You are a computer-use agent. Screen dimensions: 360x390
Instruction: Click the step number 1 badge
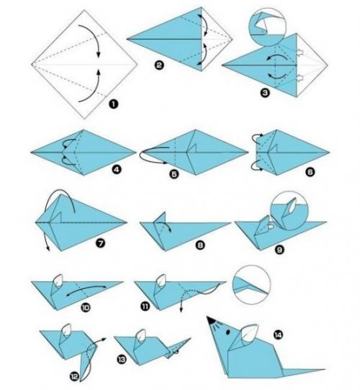(113, 104)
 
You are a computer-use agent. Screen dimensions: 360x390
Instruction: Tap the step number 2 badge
(159, 65)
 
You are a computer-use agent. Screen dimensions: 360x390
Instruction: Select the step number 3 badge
(265, 93)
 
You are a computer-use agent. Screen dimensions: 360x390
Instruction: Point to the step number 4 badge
(116, 170)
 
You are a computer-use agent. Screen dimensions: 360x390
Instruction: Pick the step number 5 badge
(174, 174)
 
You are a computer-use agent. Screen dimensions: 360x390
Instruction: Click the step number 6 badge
(310, 172)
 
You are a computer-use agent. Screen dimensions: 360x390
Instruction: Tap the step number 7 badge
(100, 243)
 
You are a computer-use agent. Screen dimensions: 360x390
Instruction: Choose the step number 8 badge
(200, 245)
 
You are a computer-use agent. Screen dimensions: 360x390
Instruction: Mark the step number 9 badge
(279, 250)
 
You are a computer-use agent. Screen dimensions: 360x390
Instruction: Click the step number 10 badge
(85, 308)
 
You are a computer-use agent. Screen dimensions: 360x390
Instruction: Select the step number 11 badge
(145, 306)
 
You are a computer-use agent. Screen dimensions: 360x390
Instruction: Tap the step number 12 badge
(74, 377)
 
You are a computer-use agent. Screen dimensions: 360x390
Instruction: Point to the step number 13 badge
(122, 359)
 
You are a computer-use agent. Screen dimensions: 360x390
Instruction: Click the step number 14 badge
(278, 335)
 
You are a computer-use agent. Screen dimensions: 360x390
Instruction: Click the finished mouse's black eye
(228, 332)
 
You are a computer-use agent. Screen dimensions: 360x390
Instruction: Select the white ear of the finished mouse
(250, 334)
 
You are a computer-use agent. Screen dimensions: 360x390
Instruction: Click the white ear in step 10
(58, 281)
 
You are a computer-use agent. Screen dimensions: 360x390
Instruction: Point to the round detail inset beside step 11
(251, 284)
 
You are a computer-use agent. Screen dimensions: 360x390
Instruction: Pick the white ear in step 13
(141, 335)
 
